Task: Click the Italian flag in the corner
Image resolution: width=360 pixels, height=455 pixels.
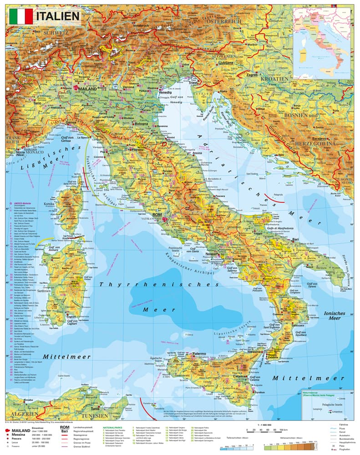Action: tap(21, 16)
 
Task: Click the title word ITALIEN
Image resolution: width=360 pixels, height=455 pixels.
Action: tap(57, 16)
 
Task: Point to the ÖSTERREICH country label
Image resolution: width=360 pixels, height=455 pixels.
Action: tap(223, 21)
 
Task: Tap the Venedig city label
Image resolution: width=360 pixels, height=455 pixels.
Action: tap(165, 92)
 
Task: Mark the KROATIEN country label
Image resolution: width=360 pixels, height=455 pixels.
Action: tap(274, 79)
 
